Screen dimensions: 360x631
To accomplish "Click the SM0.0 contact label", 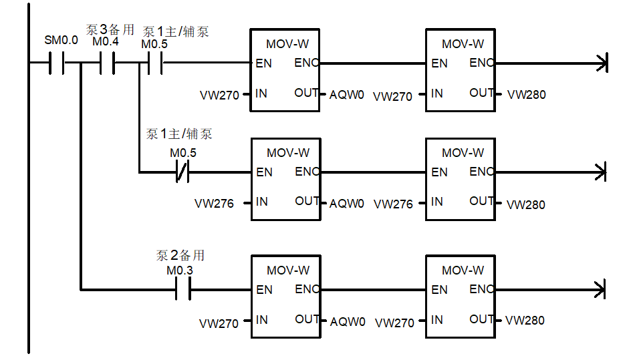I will point(61,40).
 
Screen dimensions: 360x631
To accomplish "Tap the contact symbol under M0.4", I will point(106,63).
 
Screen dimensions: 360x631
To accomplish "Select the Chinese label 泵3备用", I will point(110,29).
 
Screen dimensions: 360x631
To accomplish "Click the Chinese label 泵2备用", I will point(180,255).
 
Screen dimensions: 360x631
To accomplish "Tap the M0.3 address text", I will point(179,271).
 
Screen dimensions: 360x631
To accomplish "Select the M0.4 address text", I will point(106,41).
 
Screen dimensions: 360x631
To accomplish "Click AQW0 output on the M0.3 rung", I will point(348,322).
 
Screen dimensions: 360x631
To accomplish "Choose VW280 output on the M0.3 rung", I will point(525,321).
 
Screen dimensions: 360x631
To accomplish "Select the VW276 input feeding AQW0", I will point(214,203).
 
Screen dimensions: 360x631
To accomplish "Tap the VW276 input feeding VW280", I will point(393,204).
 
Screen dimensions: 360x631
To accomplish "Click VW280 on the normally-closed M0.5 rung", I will point(526,204).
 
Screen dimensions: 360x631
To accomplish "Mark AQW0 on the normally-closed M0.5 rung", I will point(347,204).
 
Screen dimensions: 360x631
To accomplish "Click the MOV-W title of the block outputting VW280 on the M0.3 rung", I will point(463,271).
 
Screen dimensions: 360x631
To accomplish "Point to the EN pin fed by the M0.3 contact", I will point(264,290).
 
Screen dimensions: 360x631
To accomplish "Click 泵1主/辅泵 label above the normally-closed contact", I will point(179,134).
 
